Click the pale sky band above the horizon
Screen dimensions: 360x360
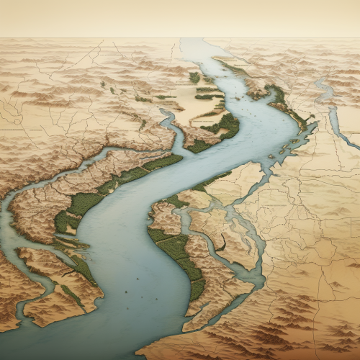pyautogui.click(x=180, y=18)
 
